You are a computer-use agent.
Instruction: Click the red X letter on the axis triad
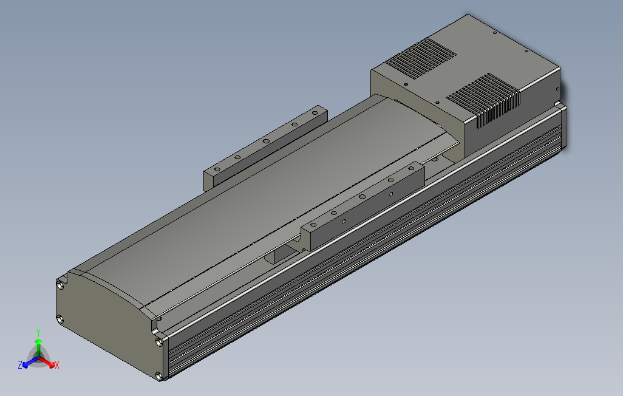(56, 365)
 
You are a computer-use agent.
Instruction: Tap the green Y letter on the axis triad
(38, 332)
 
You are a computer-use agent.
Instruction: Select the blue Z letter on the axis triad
(20, 364)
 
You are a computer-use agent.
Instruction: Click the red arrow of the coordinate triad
(49, 363)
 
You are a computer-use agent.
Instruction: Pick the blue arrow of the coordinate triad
(27, 363)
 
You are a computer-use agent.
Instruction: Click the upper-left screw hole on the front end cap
(60, 284)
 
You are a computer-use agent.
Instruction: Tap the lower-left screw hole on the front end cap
(60, 318)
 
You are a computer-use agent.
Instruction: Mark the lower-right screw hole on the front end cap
(160, 376)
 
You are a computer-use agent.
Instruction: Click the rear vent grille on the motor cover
(421, 59)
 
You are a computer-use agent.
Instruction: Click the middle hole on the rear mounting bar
(266, 140)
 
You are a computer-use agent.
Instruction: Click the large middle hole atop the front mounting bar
(362, 197)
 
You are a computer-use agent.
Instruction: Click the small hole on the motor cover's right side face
(556, 87)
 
